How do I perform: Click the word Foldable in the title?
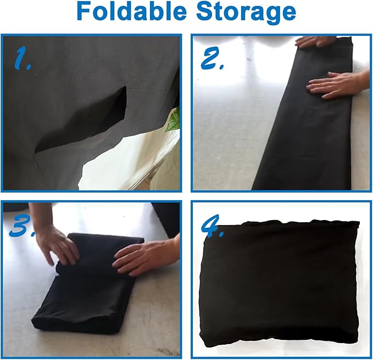pyautogui.click(x=131, y=12)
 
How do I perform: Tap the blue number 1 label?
pyautogui.click(x=22, y=57)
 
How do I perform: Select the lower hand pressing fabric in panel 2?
pyautogui.click(x=337, y=85)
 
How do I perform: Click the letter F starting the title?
pyautogui.click(x=83, y=12)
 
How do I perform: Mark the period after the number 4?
pyautogui.click(x=221, y=234)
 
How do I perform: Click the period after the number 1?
pyautogui.click(x=29, y=67)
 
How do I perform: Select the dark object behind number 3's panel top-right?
pyautogui.click(x=166, y=218)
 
